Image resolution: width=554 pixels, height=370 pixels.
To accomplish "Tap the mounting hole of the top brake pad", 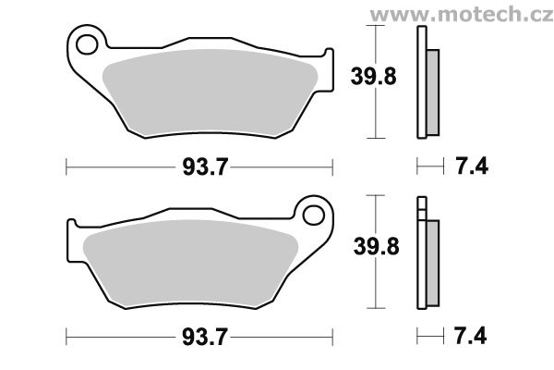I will (x=90, y=43).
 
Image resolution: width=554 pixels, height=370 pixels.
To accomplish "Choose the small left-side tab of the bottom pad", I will (x=72, y=231).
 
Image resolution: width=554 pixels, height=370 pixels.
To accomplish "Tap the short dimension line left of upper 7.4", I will (x=426, y=167).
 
